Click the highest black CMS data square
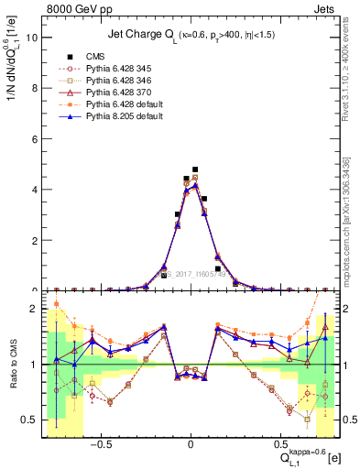click(x=195, y=169)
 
